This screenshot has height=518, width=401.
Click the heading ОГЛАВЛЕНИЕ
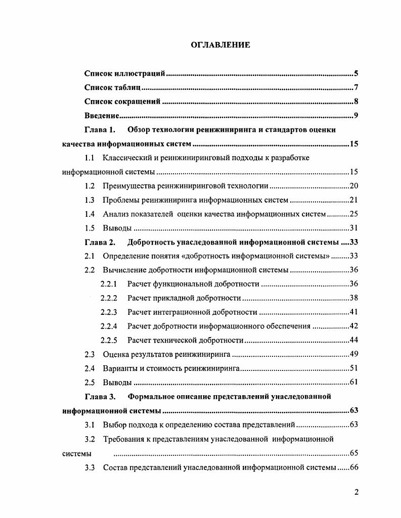point(220,45)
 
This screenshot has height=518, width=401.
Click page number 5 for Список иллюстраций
point(356,74)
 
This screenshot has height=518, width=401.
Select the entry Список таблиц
point(108,88)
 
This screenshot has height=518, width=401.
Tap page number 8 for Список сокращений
point(356,102)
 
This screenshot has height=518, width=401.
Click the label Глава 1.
point(100,130)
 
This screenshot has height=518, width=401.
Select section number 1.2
point(90,186)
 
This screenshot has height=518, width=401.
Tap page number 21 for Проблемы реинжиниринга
point(354,200)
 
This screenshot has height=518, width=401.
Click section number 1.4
point(90,214)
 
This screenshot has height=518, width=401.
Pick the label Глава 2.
point(100,242)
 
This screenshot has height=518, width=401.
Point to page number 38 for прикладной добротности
point(354,298)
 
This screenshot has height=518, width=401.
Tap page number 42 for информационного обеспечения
point(354,326)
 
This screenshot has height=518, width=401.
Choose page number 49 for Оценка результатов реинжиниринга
point(354,354)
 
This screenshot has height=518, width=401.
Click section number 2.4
point(90,368)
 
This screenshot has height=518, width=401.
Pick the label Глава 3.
point(100,396)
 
